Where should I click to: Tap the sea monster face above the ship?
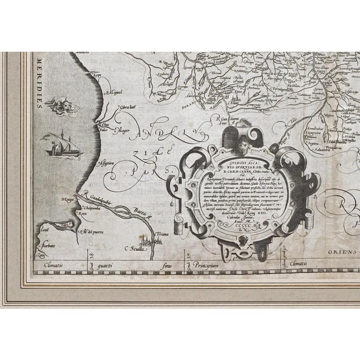(x=59, y=104)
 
